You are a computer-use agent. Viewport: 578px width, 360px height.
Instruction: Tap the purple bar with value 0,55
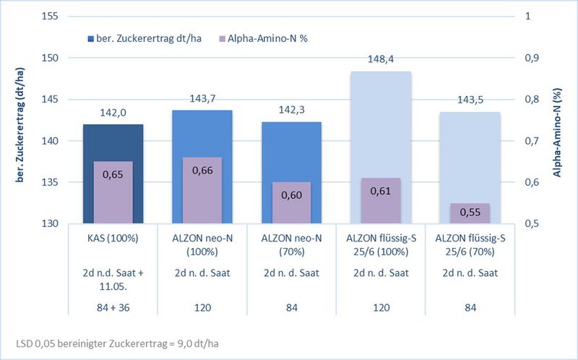[470, 213]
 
